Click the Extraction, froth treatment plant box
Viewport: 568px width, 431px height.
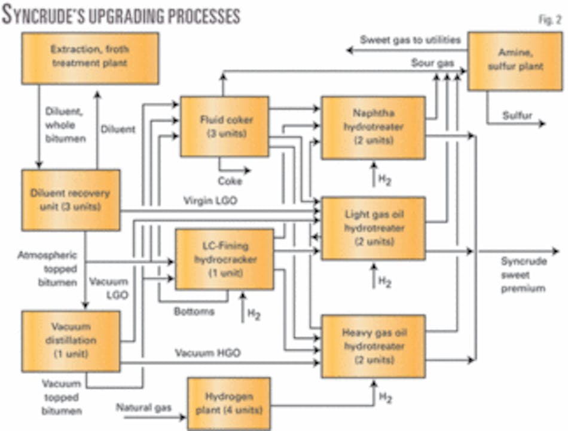[x=90, y=58]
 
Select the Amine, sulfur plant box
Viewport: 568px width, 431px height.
[x=506, y=61]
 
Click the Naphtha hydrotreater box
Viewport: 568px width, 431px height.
[x=373, y=127]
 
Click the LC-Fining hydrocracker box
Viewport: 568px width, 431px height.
[x=224, y=259]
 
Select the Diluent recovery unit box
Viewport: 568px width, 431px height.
[x=71, y=200]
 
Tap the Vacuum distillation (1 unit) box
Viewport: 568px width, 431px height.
[x=71, y=341]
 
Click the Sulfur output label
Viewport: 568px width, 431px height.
[x=517, y=116]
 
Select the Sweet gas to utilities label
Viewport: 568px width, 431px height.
[x=410, y=40]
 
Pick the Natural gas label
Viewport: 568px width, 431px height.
[x=144, y=408]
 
